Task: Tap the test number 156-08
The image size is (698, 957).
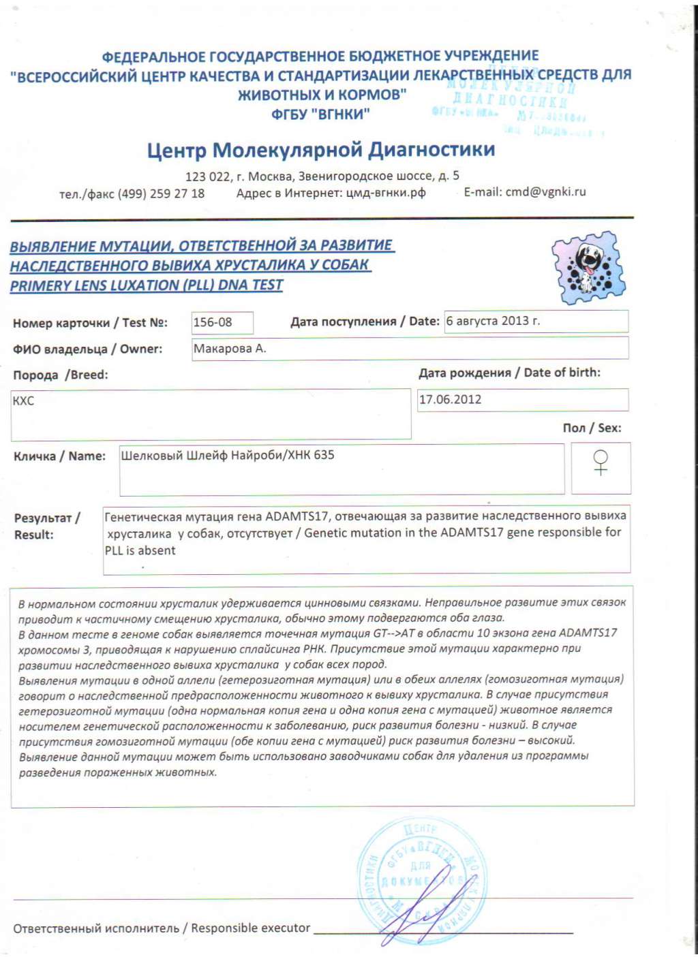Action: [x=213, y=322]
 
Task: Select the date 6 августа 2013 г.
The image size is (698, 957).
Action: [x=494, y=321]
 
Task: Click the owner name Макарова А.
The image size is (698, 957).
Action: [x=230, y=349]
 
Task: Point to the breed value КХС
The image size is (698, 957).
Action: [x=23, y=401]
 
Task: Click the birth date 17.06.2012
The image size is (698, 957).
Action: [x=450, y=400]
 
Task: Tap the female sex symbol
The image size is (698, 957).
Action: [x=601, y=462]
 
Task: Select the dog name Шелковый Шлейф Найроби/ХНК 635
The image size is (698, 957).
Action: [x=228, y=455]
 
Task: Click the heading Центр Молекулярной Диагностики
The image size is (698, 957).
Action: [x=321, y=150]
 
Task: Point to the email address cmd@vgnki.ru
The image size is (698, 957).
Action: [x=545, y=192]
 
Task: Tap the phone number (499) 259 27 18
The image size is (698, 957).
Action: [x=162, y=193]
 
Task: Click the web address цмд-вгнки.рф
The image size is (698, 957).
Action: [x=386, y=193]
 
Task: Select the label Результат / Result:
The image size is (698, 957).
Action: [x=46, y=527]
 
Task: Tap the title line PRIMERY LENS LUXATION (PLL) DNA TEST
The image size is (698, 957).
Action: [x=147, y=285]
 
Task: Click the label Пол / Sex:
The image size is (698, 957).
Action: [x=592, y=428]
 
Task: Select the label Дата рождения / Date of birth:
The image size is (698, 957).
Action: [x=509, y=373]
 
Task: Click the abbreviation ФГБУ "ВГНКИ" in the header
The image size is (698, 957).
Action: [x=320, y=114]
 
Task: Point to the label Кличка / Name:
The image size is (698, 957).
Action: [x=60, y=456]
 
